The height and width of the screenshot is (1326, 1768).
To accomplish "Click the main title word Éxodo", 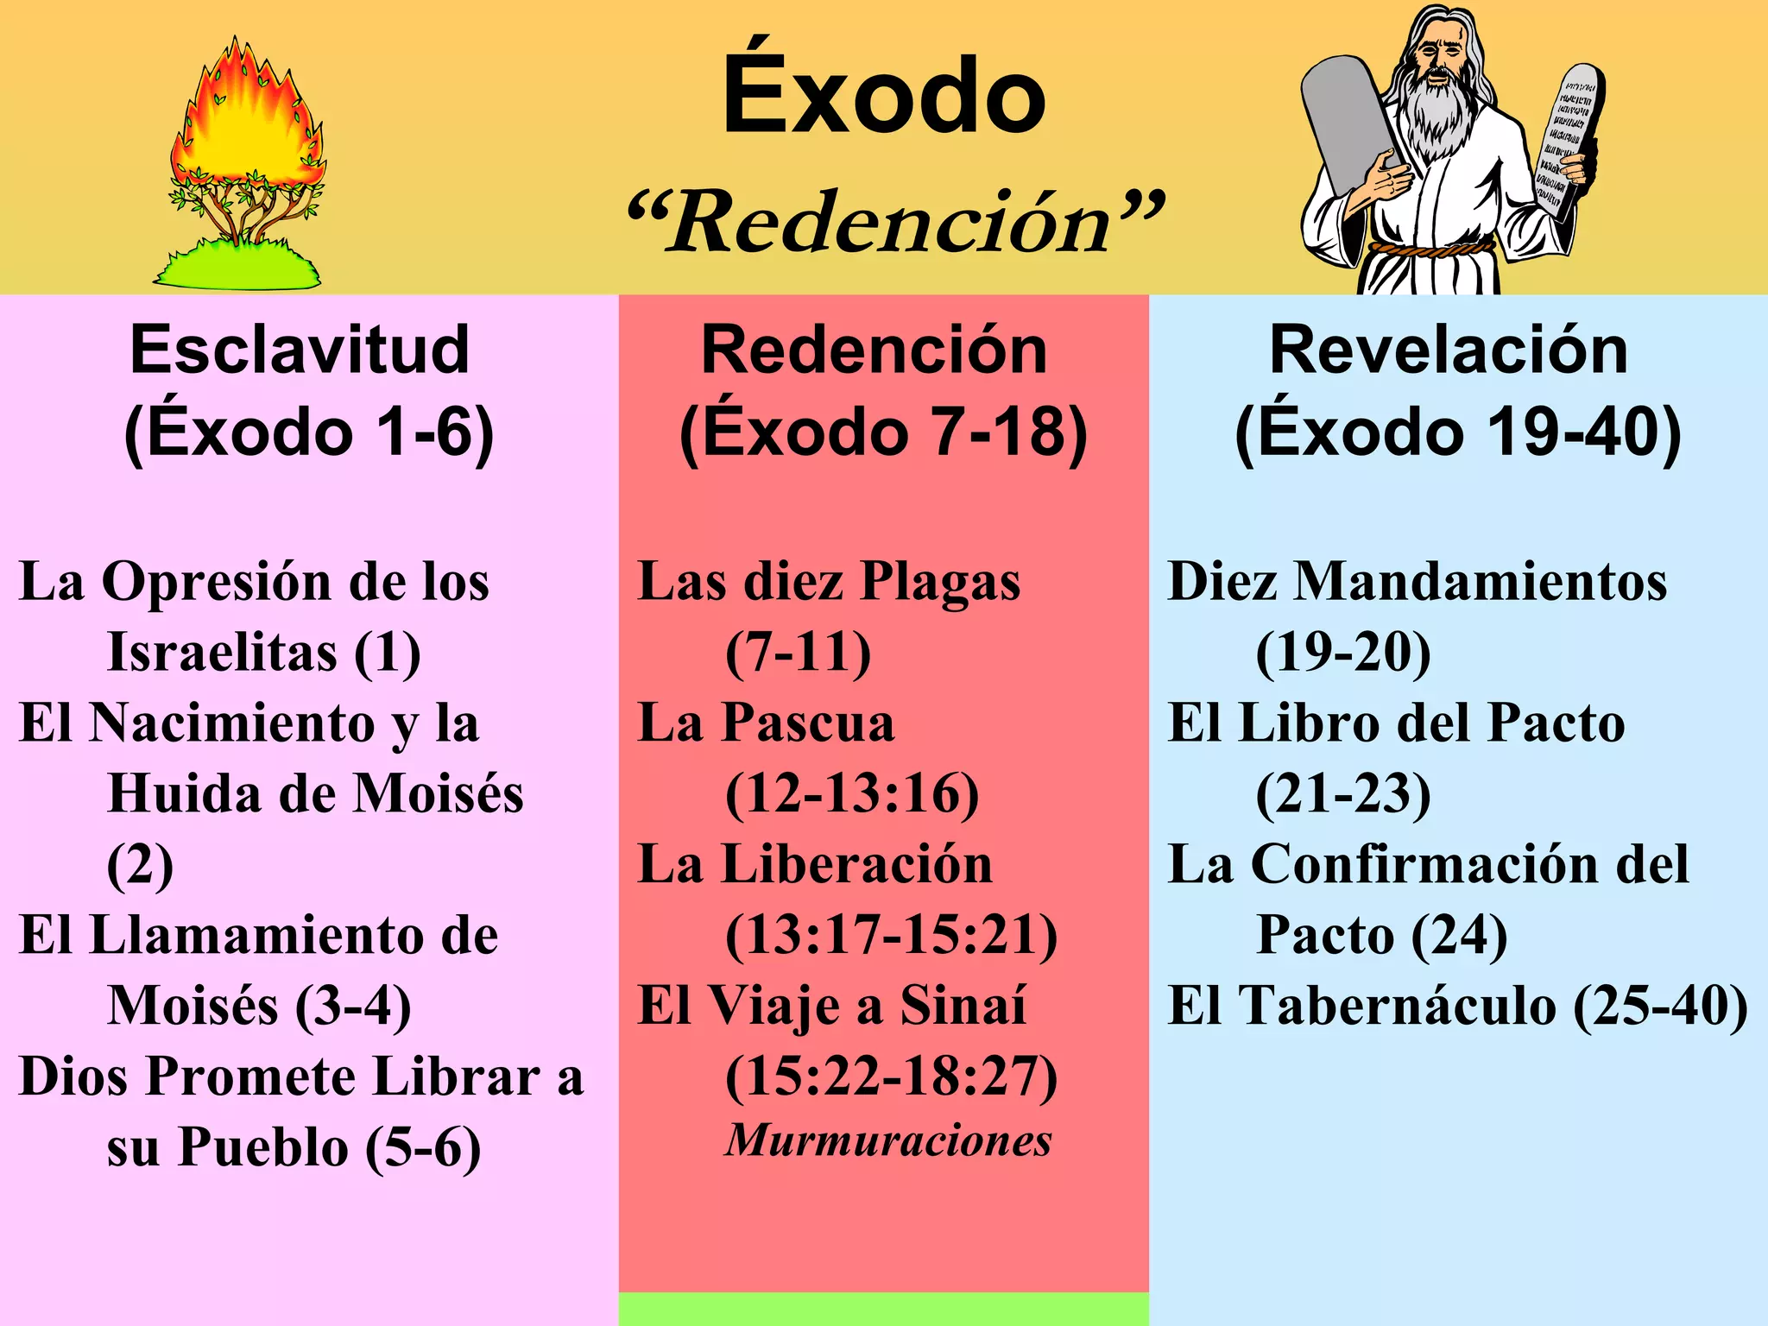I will click(x=884, y=95).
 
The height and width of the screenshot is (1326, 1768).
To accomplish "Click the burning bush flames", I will click(x=246, y=121).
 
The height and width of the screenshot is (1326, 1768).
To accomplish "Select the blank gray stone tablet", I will click(x=1347, y=121).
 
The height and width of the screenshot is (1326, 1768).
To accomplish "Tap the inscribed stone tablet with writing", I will click(x=1567, y=142).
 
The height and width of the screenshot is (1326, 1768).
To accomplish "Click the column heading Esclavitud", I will click(x=300, y=350).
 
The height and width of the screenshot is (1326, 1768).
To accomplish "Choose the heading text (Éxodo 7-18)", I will click(x=882, y=432).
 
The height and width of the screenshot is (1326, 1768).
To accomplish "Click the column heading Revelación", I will click(x=1449, y=350).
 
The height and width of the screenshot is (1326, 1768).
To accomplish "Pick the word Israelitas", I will click(x=222, y=652).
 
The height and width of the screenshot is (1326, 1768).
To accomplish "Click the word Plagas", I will click(x=941, y=581).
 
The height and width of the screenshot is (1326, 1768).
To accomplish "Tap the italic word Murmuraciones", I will click(x=888, y=1140).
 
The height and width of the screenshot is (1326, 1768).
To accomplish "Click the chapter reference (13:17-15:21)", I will click(x=891, y=936).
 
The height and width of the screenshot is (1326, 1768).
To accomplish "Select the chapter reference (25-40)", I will click(x=1660, y=1006).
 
